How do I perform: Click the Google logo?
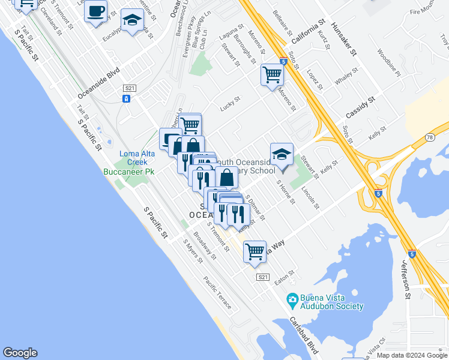[20, 353]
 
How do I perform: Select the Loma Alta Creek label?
[133, 158]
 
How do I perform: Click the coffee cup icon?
[95, 10]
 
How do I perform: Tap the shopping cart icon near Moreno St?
[272, 75]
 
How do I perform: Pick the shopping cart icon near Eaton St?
[255, 251]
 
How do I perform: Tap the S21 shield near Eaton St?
[262, 277]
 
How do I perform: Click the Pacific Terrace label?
[217, 293]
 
